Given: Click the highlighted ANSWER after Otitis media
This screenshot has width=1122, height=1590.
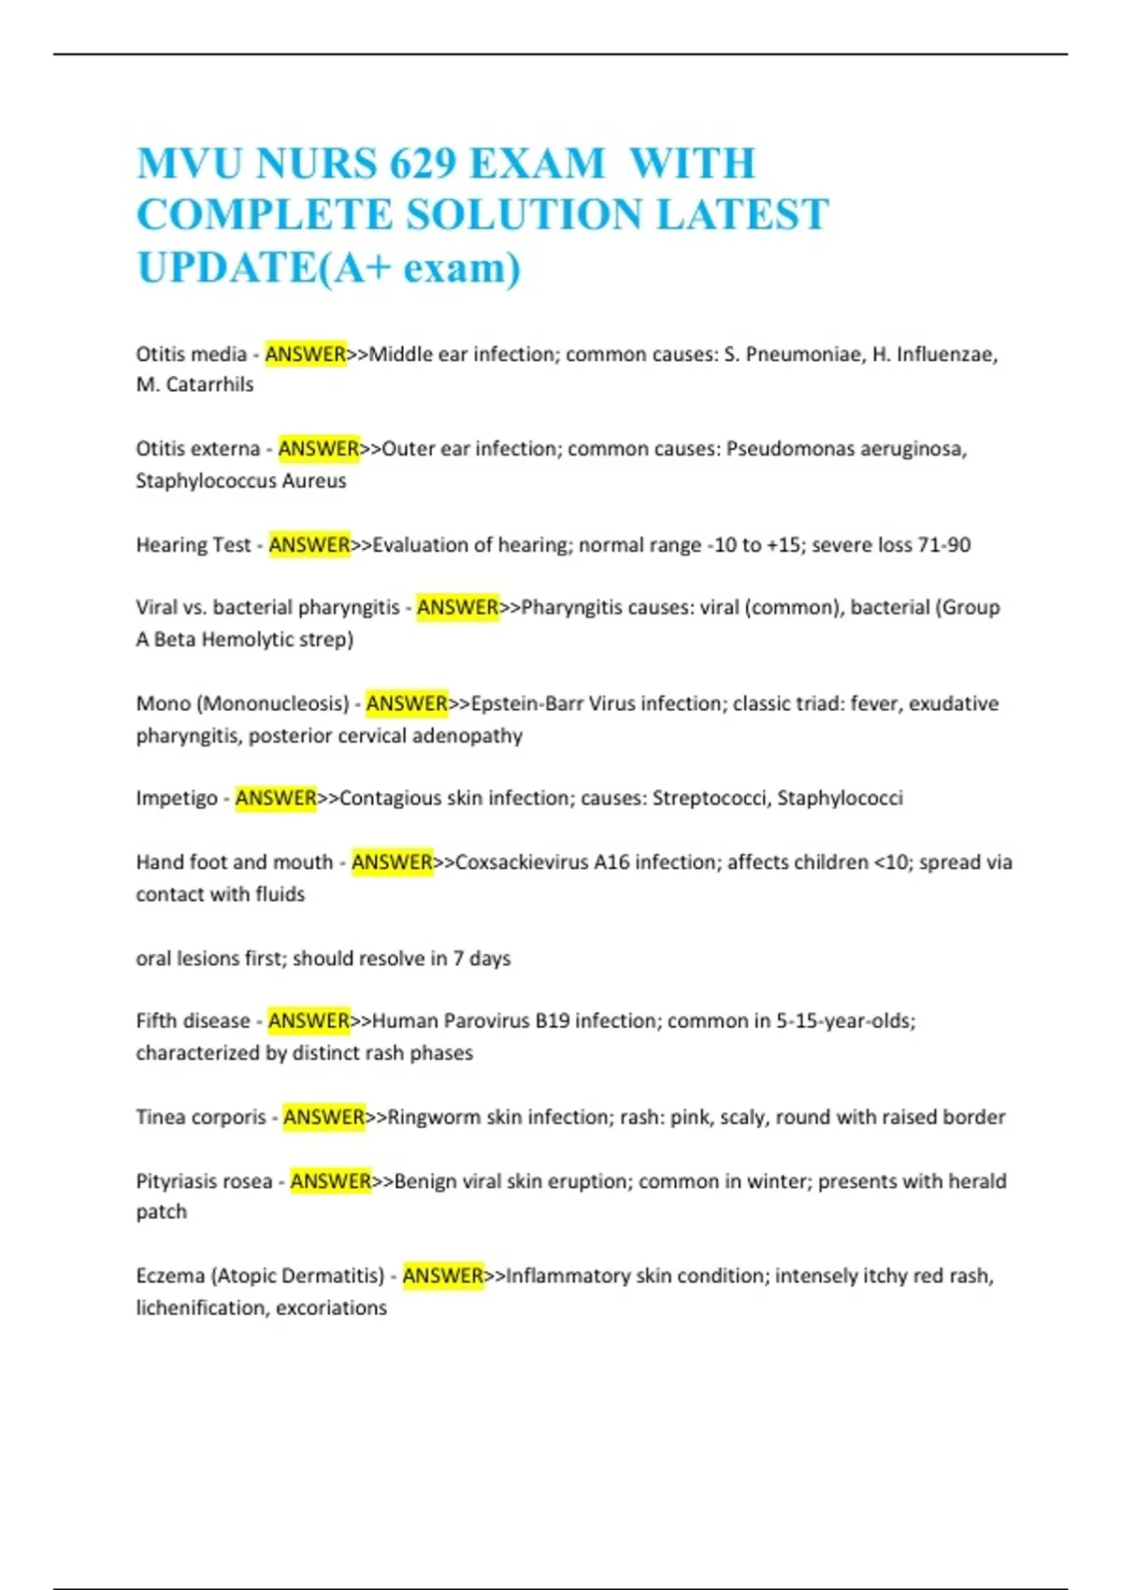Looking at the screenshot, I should (x=306, y=354).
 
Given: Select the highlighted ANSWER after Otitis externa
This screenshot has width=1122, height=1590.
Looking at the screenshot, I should (x=319, y=449).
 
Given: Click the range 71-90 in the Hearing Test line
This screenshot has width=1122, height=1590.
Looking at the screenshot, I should (x=944, y=545).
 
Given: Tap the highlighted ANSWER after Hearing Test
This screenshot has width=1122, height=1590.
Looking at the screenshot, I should (x=309, y=545).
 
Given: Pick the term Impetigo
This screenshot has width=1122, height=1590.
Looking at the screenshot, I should (x=177, y=799).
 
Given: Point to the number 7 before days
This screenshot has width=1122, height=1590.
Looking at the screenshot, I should (x=458, y=959).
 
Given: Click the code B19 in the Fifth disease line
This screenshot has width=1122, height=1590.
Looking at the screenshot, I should (x=553, y=1021).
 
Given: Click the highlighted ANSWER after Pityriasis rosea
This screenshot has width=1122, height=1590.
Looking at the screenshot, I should (x=331, y=1181).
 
